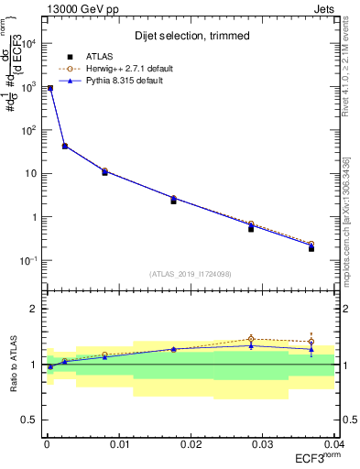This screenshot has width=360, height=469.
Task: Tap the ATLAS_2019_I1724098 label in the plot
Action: click(x=189, y=273)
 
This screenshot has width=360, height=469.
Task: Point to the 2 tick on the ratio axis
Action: click(x=35, y=309)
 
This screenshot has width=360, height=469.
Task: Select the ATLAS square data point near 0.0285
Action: click(x=251, y=228)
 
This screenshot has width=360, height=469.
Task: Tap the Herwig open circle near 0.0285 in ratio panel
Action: click(x=251, y=339)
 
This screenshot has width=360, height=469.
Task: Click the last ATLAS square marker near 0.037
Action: click(x=311, y=248)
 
